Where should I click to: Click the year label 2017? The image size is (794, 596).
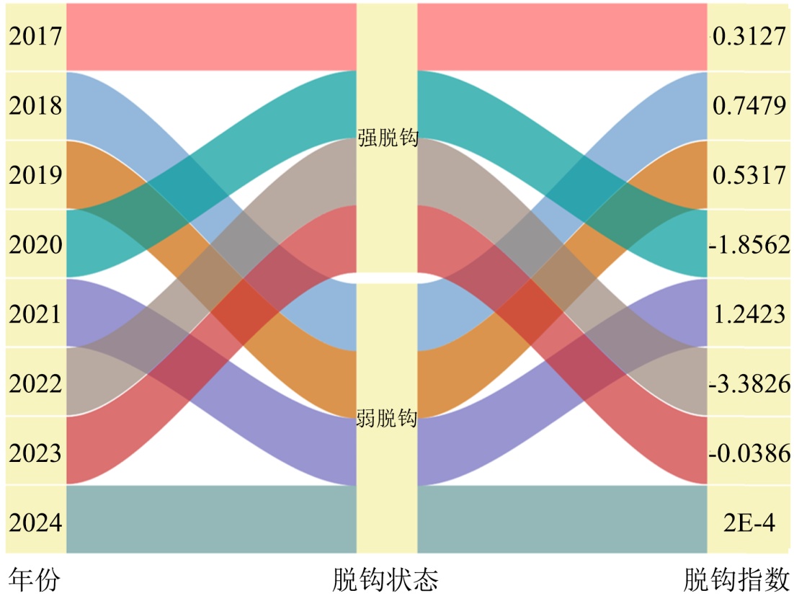(x=35, y=37)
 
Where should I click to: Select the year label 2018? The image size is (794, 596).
(x=35, y=106)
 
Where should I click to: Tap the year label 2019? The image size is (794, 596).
(x=35, y=175)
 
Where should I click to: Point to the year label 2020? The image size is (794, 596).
(x=35, y=244)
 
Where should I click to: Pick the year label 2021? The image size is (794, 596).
(x=35, y=314)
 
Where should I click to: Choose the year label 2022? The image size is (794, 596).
(x=35, y=383)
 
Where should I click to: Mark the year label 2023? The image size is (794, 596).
(x=35, y=453)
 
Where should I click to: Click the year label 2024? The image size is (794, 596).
(x=35, y=522)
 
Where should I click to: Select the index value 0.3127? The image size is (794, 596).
(x=749, y=37)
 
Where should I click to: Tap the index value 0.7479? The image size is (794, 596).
(x=749, y=106)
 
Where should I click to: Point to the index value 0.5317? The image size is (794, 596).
(x=749, y=175)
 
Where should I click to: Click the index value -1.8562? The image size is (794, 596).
(x=749, y=244)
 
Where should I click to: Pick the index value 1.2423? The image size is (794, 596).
(x=749, y=314)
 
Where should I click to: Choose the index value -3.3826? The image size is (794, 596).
(x=749, y=383)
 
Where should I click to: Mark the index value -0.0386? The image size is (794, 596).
(x=749, y=453)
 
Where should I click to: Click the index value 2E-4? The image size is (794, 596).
(x=749, y=522)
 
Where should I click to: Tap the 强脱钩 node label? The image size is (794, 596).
(x=388, y=138)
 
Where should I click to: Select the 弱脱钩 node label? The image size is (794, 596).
(x=387, y=418)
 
